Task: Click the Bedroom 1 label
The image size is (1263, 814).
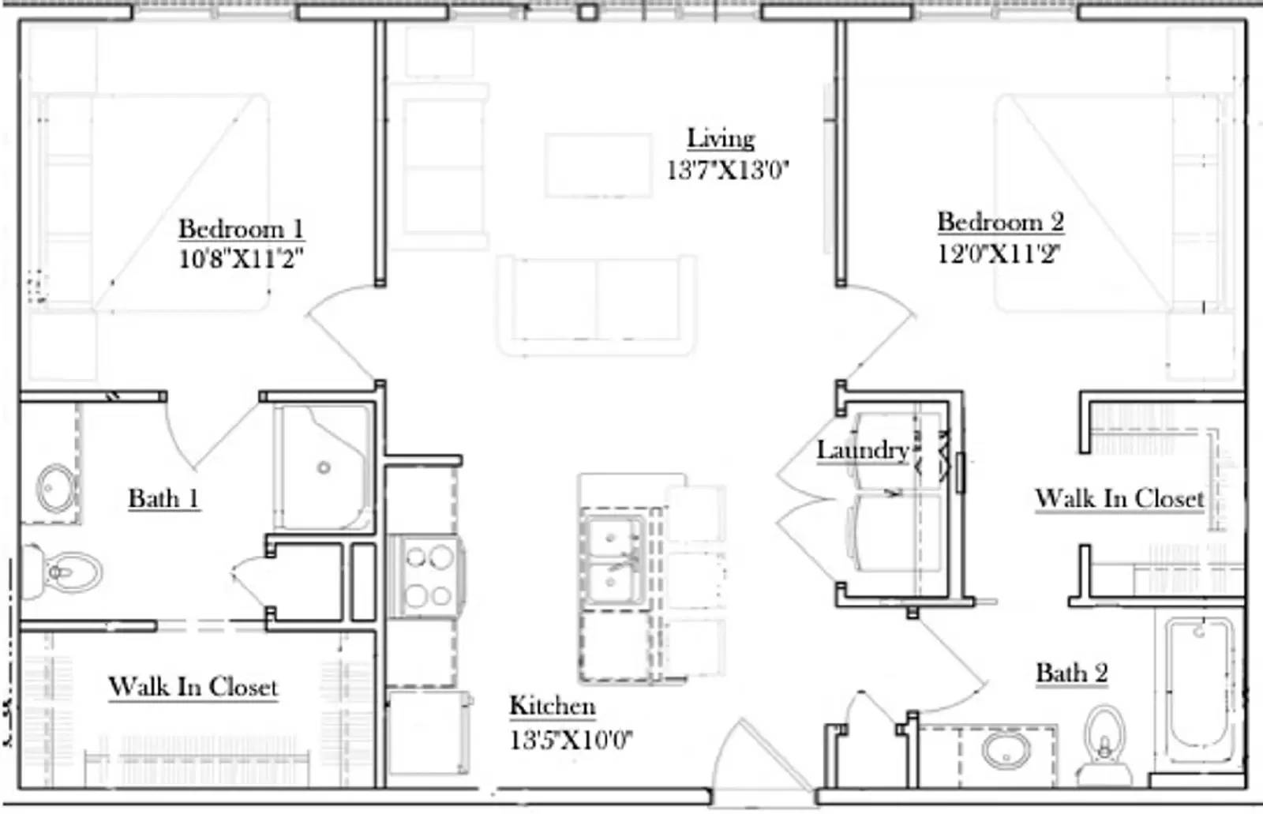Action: coord(241,229)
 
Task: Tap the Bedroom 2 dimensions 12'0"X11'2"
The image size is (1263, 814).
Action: coord(999,254)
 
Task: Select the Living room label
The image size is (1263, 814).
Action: coord(721,138)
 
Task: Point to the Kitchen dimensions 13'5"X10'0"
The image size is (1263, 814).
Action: coord(570,740)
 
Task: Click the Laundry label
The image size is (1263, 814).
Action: coord(862,450)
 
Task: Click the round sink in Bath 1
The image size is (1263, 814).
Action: coord(56,488)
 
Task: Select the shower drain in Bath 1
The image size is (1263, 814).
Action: coord(324,468)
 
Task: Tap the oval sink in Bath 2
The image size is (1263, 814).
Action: coord(1006,749)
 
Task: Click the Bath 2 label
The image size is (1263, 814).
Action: coord(1071,673)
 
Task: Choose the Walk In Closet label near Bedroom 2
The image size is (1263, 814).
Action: coord(1119,499)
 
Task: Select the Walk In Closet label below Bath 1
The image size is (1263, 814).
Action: coord(193,687)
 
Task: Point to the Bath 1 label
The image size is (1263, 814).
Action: coord(163,499)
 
